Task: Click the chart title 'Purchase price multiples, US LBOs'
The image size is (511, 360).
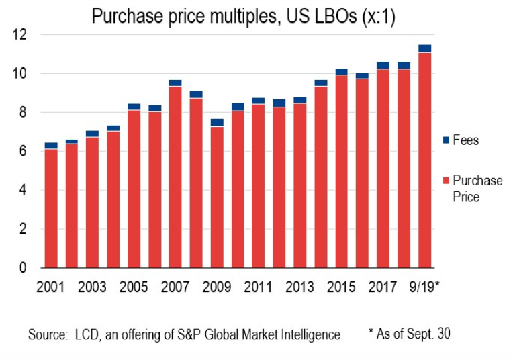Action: tap(243, 17)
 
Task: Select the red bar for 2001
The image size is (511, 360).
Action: tap(51, 208)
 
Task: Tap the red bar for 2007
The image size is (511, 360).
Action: tap(175, 177)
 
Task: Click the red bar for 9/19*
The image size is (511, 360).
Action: tap(424, 161)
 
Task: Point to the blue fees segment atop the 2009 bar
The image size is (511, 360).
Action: tap(217, 122)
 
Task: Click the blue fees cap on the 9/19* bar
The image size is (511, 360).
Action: tap(424, 48)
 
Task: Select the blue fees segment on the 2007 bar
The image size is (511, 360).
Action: tap(175, 83)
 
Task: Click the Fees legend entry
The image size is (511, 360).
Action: tap(465, 141)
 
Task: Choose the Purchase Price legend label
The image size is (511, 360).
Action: tap(477, 189)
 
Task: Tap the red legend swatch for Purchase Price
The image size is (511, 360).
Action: tap(446, 181)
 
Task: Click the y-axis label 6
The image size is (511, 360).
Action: tap(23, 152)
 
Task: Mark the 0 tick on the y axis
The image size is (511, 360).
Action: tap(23, 268)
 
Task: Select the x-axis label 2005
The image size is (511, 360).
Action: tap(134, 287)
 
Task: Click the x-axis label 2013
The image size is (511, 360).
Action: tap(299, 287)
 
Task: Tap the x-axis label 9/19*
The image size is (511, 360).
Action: tap(424, 287)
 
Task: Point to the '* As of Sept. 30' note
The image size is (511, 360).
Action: tap(410, 333)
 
